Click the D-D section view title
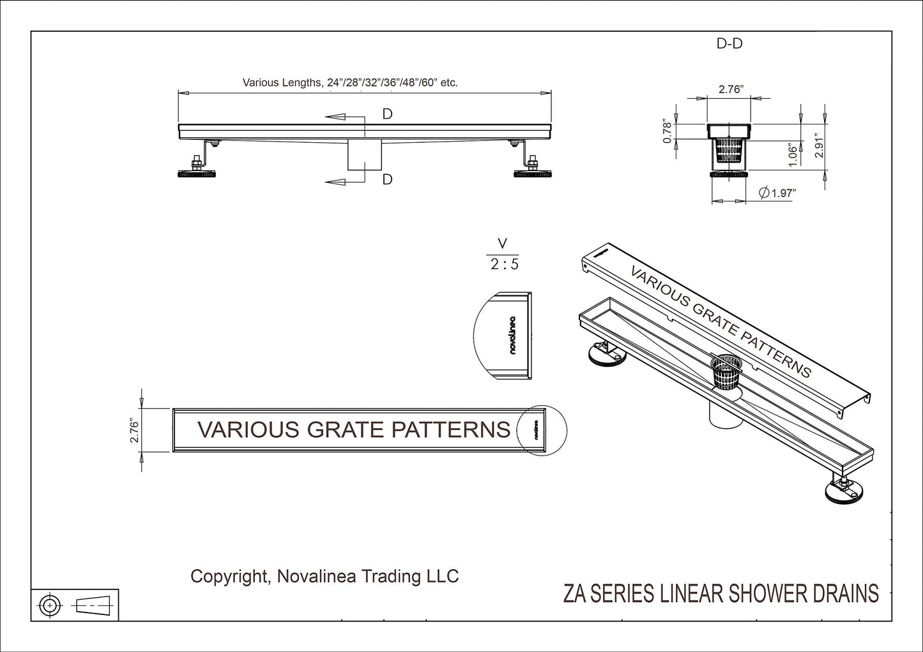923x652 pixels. (729, 44)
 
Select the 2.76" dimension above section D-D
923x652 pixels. (729, 89)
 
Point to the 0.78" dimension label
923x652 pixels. (667, 131)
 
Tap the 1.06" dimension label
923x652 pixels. (793, 154)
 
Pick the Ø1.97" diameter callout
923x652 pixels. (777, 193)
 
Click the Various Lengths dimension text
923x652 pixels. (350, 82)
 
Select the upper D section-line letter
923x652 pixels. (387, 114)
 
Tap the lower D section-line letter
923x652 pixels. (387, 180)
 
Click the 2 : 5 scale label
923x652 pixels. (504, 263)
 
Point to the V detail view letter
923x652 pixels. (503, 243)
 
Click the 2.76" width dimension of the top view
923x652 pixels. (133, 431)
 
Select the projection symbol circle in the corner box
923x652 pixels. (50, 604)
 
